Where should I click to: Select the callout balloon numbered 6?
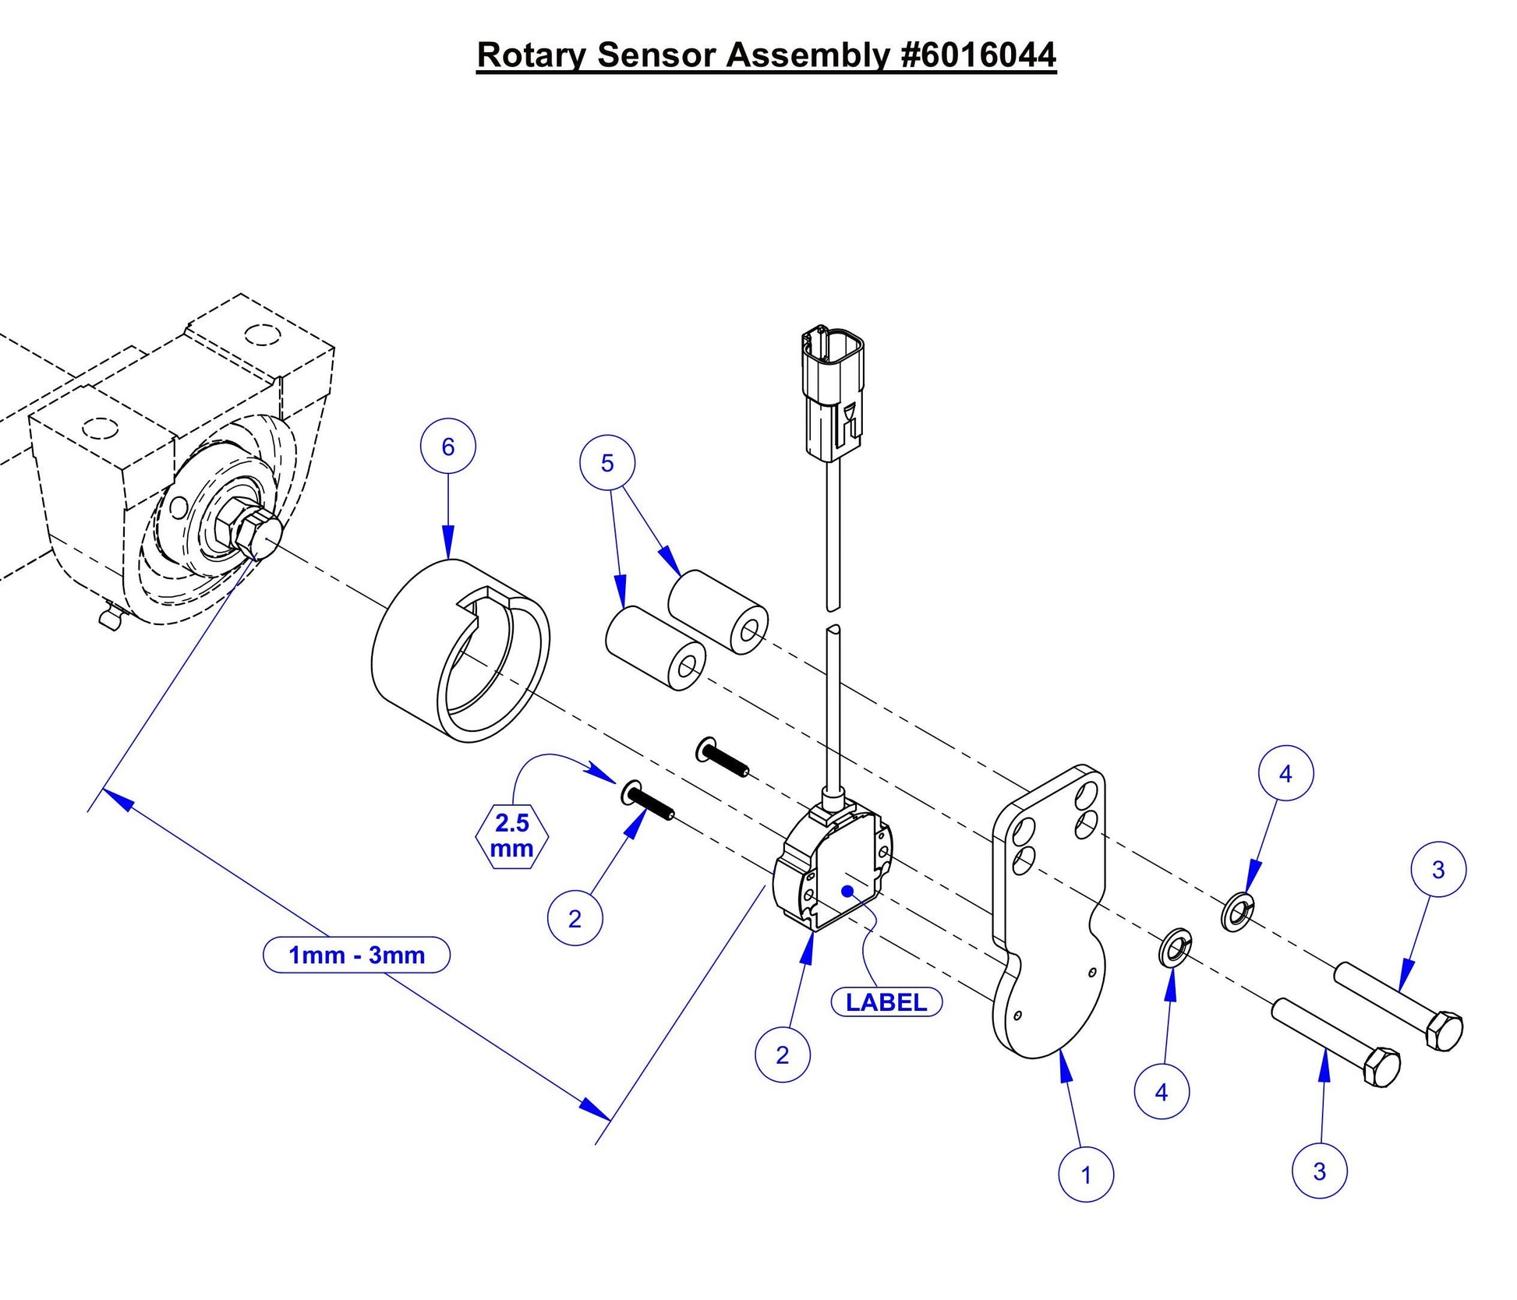447,447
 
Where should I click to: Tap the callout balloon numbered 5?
606,463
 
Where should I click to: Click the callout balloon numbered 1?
1085,1175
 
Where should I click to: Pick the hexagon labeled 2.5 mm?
511,835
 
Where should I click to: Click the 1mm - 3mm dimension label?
356,955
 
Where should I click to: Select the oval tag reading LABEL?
886,1002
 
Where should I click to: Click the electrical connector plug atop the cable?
832,394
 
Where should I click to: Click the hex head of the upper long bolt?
1443,1032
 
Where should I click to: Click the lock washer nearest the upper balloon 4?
1237,913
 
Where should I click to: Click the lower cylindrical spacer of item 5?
655,647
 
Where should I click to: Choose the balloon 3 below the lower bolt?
1319,1171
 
